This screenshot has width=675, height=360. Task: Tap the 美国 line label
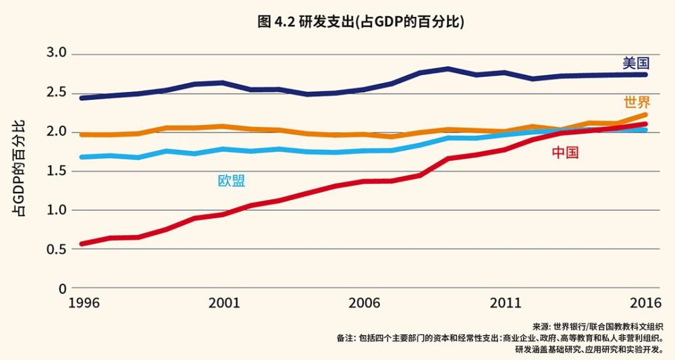[635, 63]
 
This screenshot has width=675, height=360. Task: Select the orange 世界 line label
[637, 103]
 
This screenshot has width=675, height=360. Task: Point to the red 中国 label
[565, 153]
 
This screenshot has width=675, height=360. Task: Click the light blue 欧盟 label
[231, 180]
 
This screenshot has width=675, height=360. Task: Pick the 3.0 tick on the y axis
[57, 53]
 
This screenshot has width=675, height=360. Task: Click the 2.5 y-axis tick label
[57, 92]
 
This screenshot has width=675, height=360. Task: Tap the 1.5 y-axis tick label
[57, 170]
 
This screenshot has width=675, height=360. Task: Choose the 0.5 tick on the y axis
[57, 249]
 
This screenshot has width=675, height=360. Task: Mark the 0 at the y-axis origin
[62, 288]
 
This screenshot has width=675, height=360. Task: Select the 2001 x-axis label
[225, 303]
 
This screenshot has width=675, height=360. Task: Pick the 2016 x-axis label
[645, 303]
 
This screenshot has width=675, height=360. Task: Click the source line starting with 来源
[597, 326]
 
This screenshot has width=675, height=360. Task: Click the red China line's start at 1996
[82, 243]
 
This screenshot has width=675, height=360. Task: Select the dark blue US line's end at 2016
[645, 74]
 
